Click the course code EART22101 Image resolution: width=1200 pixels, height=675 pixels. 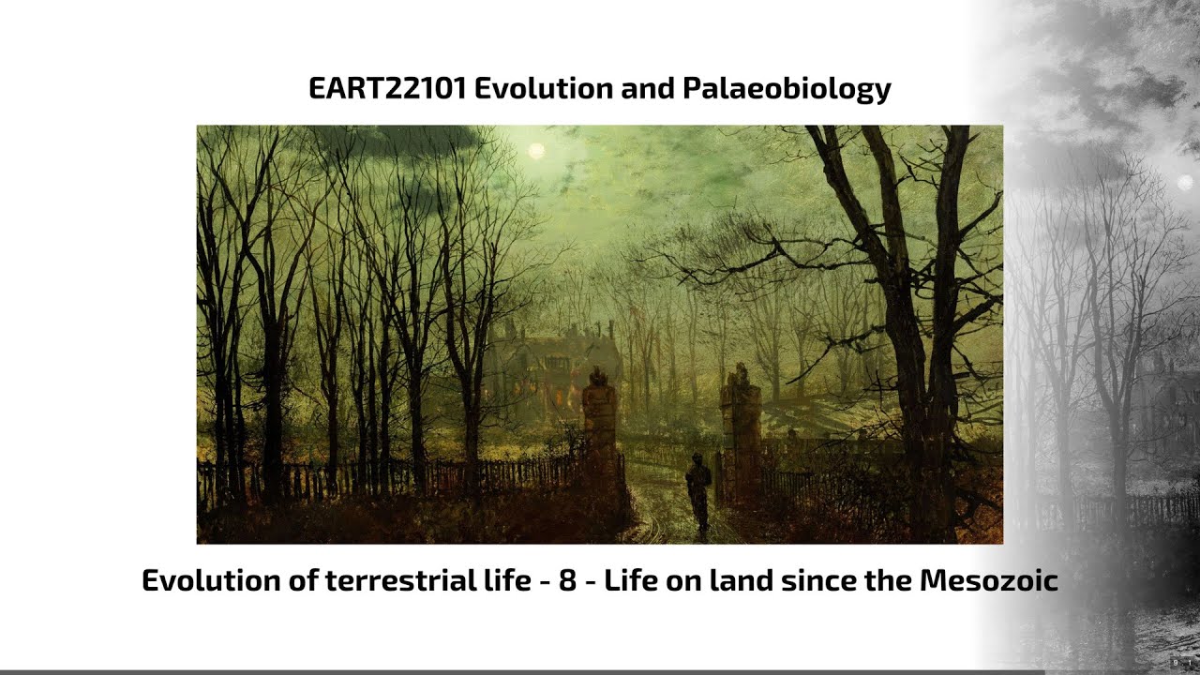388,89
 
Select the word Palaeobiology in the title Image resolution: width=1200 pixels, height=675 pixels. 786,89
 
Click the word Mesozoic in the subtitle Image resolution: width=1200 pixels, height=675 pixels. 988,580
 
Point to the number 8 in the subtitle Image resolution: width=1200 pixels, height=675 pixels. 567,580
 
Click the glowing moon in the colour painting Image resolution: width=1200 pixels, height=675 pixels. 536,150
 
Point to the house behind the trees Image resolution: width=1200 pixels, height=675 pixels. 553,366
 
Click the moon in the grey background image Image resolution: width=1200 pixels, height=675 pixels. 1184,181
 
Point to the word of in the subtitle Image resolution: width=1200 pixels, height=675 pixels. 302,580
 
